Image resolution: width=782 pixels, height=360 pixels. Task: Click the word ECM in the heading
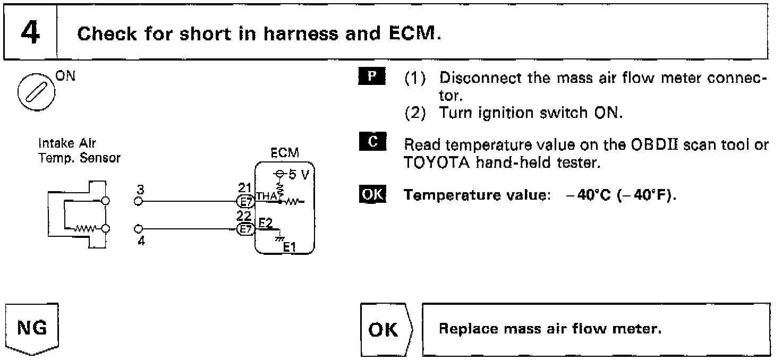(411, 34)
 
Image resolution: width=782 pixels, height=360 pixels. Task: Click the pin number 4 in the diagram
(141, 240)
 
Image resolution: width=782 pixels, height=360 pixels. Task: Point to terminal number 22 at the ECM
(244, 216)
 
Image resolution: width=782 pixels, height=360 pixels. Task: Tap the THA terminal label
(267, 198)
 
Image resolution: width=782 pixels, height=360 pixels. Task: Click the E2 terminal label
(265, 223)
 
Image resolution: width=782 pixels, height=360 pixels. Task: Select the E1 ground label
(290, 246)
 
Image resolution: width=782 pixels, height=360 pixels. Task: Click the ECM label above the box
(285, 153)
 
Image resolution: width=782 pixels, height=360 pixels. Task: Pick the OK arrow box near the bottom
(384, 330)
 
